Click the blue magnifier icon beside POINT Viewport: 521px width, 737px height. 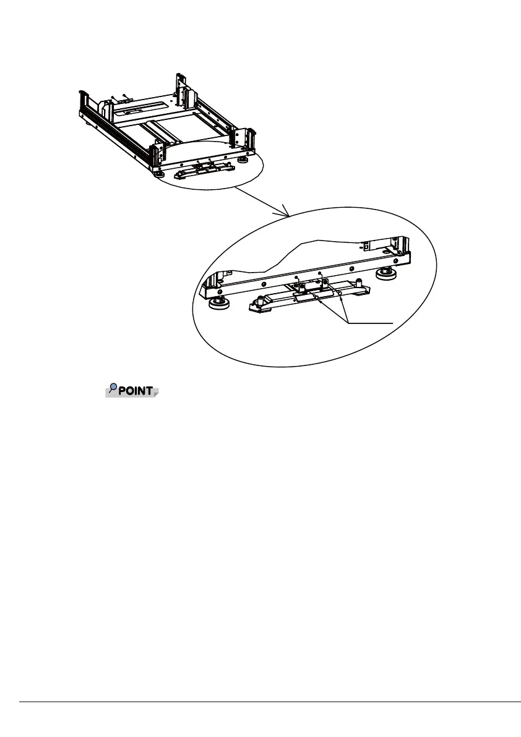[x=113, y=388]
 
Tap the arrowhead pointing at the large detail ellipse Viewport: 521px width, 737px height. [x=287, y=213]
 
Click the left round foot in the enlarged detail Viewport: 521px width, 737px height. [x=217, y=302]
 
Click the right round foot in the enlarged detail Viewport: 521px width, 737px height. [x=388, y=272]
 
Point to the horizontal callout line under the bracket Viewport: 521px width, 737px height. [x=370, y=323]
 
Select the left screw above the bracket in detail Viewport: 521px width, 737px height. [x=298, y=278]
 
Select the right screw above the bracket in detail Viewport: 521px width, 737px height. [x=320, y=273]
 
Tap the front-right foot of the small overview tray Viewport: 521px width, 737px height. [x=244, y=159]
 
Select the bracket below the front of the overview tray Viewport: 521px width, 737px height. [x=204, y=170]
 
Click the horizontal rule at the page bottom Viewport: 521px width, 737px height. [x=270, y=702]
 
